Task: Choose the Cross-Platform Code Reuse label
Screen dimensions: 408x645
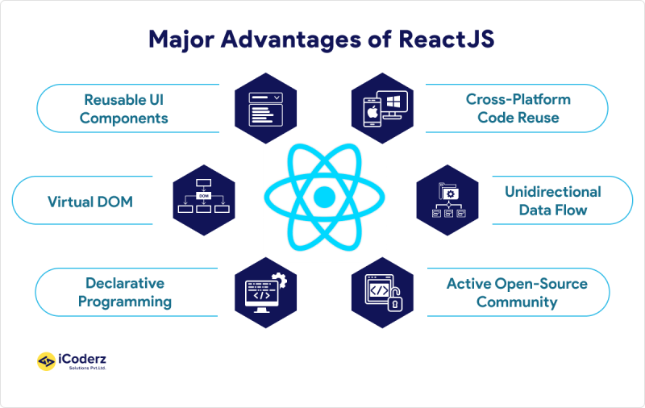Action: click(518, 109)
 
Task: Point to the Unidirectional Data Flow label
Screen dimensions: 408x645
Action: click(552, 201)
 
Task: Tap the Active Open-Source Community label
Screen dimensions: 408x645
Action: click(517, 292)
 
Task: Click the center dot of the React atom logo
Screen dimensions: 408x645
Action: click(323, 197)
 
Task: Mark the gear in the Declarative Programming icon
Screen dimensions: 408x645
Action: click(280, 279)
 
